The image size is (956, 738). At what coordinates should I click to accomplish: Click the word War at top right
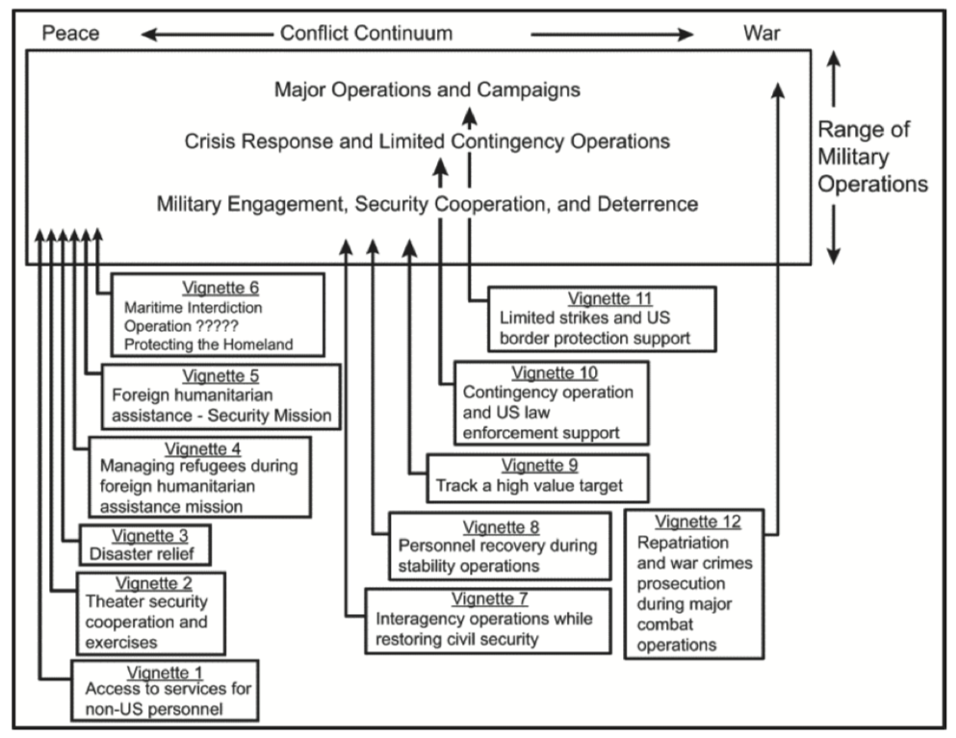[x=762, y=35]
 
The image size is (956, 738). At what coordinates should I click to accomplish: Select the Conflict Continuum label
[x=366, y=35]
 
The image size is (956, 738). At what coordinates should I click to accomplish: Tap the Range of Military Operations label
[x=872, y=156]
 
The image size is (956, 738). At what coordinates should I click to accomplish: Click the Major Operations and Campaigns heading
[x=427, y=90]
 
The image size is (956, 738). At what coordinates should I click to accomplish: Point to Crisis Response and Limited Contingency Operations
[x=427, y=141]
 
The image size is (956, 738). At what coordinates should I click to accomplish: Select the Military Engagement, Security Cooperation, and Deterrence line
[x=427, y=204]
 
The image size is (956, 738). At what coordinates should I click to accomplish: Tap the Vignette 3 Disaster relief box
[x=144, y=546]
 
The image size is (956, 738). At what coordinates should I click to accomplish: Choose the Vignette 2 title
[x=153, y=583]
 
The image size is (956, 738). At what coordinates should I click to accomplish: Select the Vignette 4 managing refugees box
[x=199, y=476]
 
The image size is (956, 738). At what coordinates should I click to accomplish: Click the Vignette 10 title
[x=550, y=373]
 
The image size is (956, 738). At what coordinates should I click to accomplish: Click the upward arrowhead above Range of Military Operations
[x=835, y=63]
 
